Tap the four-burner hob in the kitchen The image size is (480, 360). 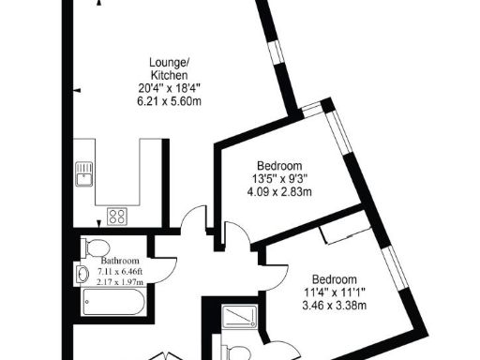(117, 216)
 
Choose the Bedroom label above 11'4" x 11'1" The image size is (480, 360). (334, 279)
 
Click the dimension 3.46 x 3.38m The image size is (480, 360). (334, 306)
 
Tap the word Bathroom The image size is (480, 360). (121, 261)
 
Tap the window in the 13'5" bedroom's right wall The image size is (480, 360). (340, 141)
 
